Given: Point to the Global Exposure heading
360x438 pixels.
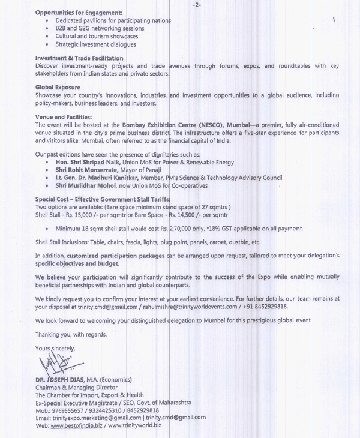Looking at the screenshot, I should coord(58,88).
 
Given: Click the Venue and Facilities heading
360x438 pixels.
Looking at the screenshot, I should coord(64,116).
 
